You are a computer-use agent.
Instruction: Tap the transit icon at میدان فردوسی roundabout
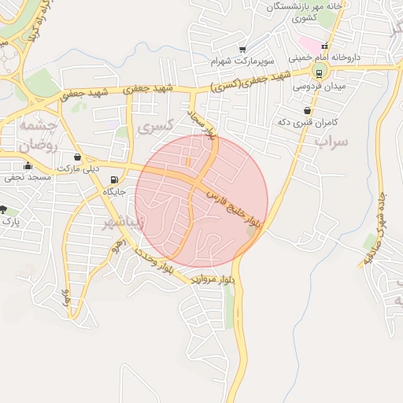click(319, 74)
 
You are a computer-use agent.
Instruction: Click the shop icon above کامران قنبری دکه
click(305, 110)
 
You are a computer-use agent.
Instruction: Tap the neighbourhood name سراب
click(331, 142)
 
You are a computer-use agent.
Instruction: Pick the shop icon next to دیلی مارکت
click(76, 157)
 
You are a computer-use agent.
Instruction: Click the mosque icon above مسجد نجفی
click(28, 165)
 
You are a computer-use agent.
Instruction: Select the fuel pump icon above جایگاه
click(116, 179)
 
